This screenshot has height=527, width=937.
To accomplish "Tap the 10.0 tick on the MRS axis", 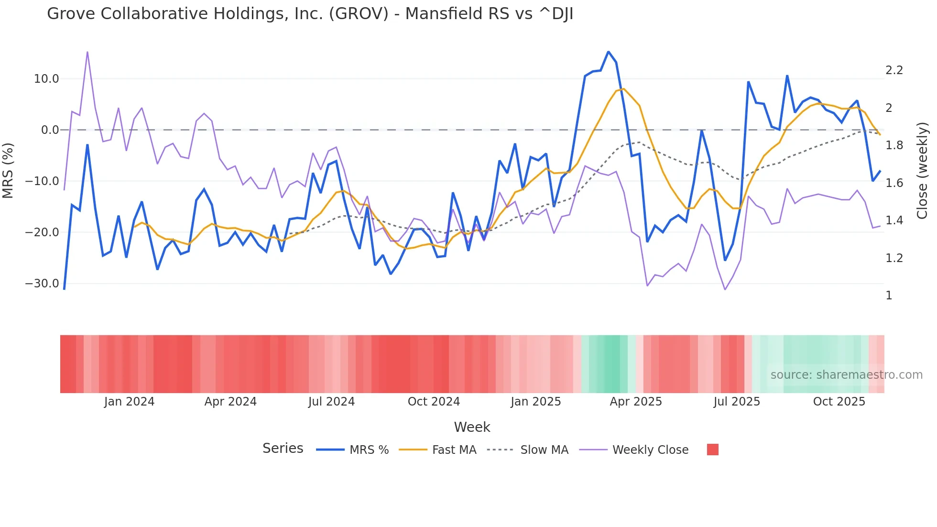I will [x=46, y=79].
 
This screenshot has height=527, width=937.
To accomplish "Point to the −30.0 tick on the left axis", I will [x=42, y=284].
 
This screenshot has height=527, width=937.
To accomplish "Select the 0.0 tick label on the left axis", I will [x=50, y=130].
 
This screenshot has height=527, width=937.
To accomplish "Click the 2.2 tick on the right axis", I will [x=894, y=70].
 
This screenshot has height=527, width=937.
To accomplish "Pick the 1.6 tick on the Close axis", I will [x=894, y=183].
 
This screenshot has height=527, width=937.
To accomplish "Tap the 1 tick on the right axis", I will [x=889, y=296].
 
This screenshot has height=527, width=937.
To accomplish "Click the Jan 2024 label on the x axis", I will [x=129, y=402].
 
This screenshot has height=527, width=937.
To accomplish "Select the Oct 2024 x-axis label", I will [x=434, y=402].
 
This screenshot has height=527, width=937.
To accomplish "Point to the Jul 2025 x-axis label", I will [x=737, y=402].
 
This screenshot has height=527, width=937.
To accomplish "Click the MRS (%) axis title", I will [x=8, y=171].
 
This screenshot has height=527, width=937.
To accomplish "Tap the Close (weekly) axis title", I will [x=922, y=171].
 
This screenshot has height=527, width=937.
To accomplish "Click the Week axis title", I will [x=472, y=427].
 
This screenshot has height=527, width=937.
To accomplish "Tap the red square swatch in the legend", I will [x=712, y=450].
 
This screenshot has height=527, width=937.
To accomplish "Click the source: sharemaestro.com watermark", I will [x=846, y=375].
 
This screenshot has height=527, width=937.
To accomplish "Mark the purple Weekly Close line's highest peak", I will [x=87, y=52].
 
